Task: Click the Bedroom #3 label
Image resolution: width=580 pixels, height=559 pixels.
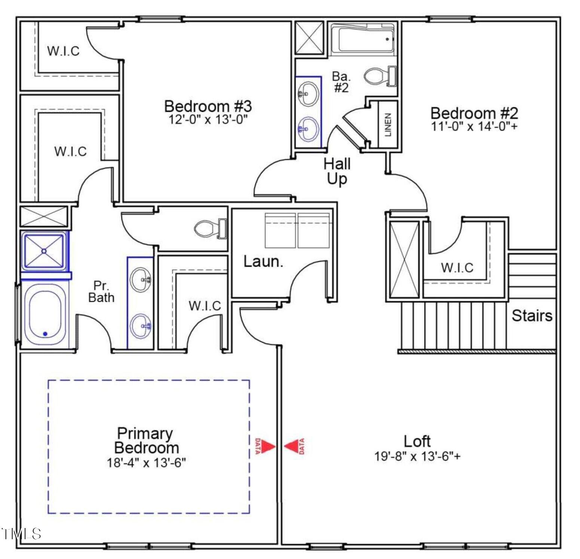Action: point(208,106)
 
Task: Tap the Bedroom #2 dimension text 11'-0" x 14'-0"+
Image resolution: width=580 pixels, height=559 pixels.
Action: point(475,126)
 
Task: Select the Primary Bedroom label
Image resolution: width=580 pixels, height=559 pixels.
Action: point(146,440)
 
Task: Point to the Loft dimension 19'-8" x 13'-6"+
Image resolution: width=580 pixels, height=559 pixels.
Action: point(417,456)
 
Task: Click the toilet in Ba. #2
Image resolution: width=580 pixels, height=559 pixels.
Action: point(380,76)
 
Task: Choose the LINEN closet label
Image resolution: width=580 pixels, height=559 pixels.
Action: point(388,124)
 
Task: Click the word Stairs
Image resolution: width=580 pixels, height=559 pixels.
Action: point(532,316)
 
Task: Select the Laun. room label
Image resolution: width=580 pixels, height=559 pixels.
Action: point(263,261)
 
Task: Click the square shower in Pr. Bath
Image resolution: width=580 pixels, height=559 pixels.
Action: point(44,251)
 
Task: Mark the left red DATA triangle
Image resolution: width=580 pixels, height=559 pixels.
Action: point(267,446)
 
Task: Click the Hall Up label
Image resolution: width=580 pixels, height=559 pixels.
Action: point(337,171)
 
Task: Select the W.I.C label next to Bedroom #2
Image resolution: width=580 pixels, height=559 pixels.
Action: point(457,267)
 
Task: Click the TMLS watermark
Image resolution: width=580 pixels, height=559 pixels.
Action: point(21,534)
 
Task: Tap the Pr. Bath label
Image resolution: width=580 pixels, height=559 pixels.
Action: point(101,292)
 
